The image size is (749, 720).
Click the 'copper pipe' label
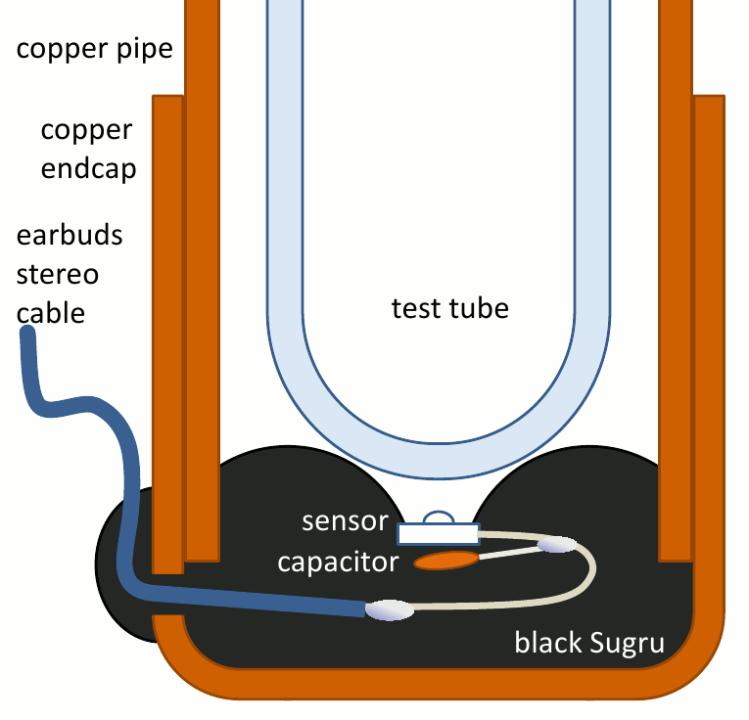(94, 49)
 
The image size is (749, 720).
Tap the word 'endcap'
(88, 168)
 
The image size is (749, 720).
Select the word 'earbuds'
(69, 237)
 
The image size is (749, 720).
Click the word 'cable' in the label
(51, 313)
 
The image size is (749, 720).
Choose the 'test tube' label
(450, 309)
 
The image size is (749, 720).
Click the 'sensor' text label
(346, 520)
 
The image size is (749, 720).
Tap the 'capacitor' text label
(338, 562)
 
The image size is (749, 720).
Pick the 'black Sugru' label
(589, 643)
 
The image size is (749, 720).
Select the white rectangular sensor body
(438, 533)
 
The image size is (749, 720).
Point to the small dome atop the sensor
(438, 517)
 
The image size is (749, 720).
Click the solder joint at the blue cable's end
(390, 609)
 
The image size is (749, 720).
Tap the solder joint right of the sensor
(558, 543)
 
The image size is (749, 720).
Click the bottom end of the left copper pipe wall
(202, 555)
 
